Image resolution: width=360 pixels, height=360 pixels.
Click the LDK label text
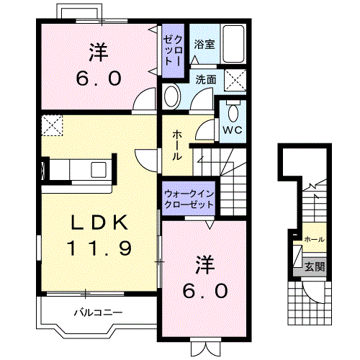[99, 222]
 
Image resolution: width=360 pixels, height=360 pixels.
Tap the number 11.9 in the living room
[99, 248]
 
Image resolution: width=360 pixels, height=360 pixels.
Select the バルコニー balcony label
[99, 313]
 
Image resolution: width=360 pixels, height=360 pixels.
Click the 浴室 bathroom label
[204, 44]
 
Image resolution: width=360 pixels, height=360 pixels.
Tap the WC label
[231, 130]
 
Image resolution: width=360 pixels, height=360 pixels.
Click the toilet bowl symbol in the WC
[232, 112]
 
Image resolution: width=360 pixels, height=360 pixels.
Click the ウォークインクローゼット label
[189, 199]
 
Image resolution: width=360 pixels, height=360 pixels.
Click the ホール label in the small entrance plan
[313, 239]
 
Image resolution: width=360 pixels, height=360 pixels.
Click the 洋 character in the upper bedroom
[99, 52]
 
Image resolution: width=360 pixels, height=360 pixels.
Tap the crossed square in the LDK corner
[51, 126]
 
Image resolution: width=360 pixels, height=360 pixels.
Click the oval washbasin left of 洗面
[172, 96]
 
